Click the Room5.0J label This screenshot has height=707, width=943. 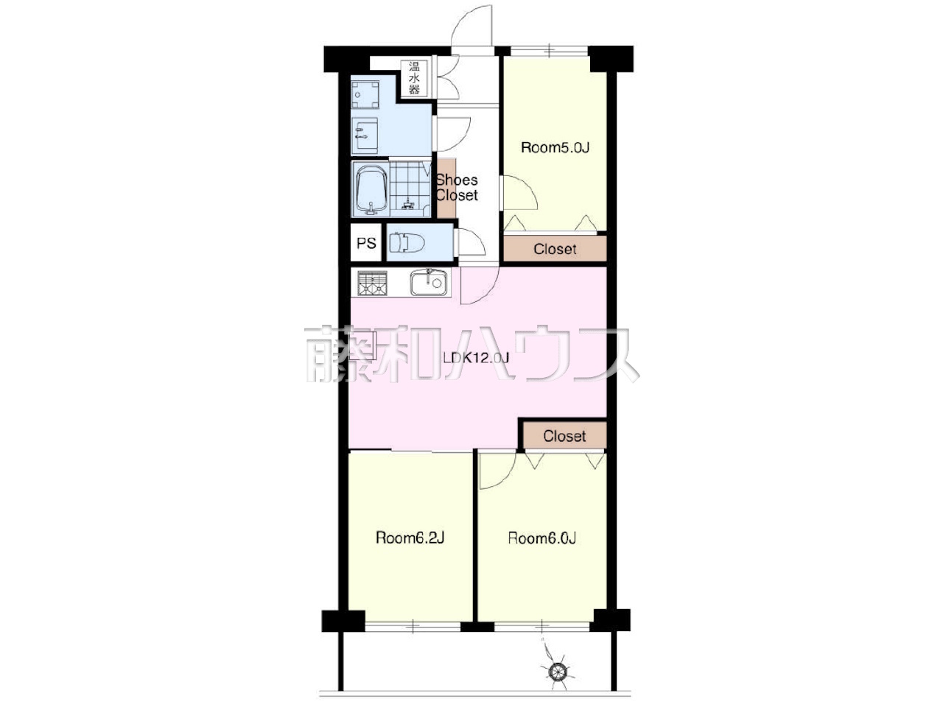point(555,148)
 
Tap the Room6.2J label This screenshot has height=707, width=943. point(410,538)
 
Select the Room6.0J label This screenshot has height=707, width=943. point(541,538)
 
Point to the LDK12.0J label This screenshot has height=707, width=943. point(476,358)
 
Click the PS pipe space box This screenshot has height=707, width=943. point(366,242)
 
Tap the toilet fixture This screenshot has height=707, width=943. point(407,243)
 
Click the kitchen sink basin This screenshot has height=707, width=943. point(428,282)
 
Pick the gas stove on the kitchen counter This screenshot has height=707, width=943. point(372,284)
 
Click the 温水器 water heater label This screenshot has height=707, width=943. point(414,78)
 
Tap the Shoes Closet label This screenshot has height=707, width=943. point(457,188)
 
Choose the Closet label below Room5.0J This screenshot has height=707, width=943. point(555,249)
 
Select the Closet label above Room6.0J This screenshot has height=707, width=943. point(564,436)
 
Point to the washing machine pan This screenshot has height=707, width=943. point(365,94)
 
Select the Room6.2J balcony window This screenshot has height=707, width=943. point(413,627)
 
